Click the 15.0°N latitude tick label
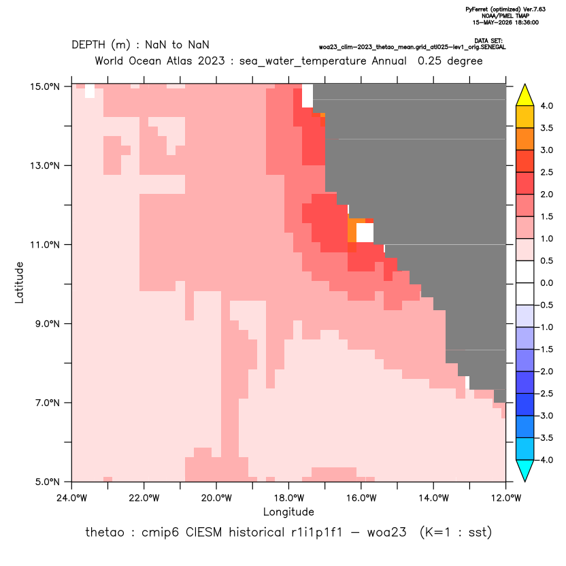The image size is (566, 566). coord(45,86)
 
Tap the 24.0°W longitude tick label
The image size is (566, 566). coord(72,498)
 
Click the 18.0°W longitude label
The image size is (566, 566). coord(288,498)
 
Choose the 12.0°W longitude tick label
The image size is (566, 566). coord(505,498)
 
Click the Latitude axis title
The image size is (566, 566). coord(19,282)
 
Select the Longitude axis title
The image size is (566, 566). coord(288,512)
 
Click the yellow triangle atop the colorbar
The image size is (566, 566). coord(525,95)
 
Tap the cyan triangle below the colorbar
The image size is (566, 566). coord(525,471)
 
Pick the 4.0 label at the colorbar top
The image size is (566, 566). coord(546,105)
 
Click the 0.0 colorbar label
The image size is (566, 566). coord(546,283)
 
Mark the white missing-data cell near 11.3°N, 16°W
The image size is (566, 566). coord(365,233)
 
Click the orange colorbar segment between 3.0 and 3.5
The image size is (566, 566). coord(525,139)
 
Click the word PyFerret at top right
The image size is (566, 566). coord(476,10)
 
